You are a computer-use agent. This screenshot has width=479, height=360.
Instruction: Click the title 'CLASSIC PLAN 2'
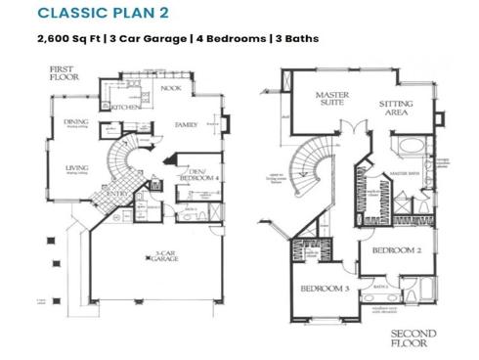tap(87, 15)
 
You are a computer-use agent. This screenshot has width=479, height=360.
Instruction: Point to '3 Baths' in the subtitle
tap(294, 39)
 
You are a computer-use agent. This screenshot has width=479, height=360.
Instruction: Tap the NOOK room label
tap(172, 89)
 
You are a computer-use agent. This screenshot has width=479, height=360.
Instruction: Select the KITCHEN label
tap(127, 107)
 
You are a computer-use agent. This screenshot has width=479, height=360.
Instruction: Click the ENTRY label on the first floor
tap(117, 194)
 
